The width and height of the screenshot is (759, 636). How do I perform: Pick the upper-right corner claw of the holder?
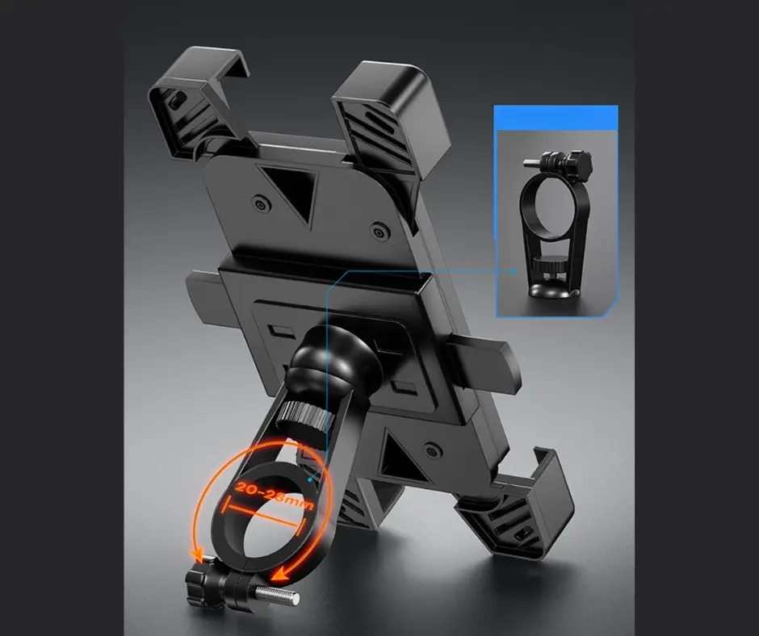click(x=390, y=117)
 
